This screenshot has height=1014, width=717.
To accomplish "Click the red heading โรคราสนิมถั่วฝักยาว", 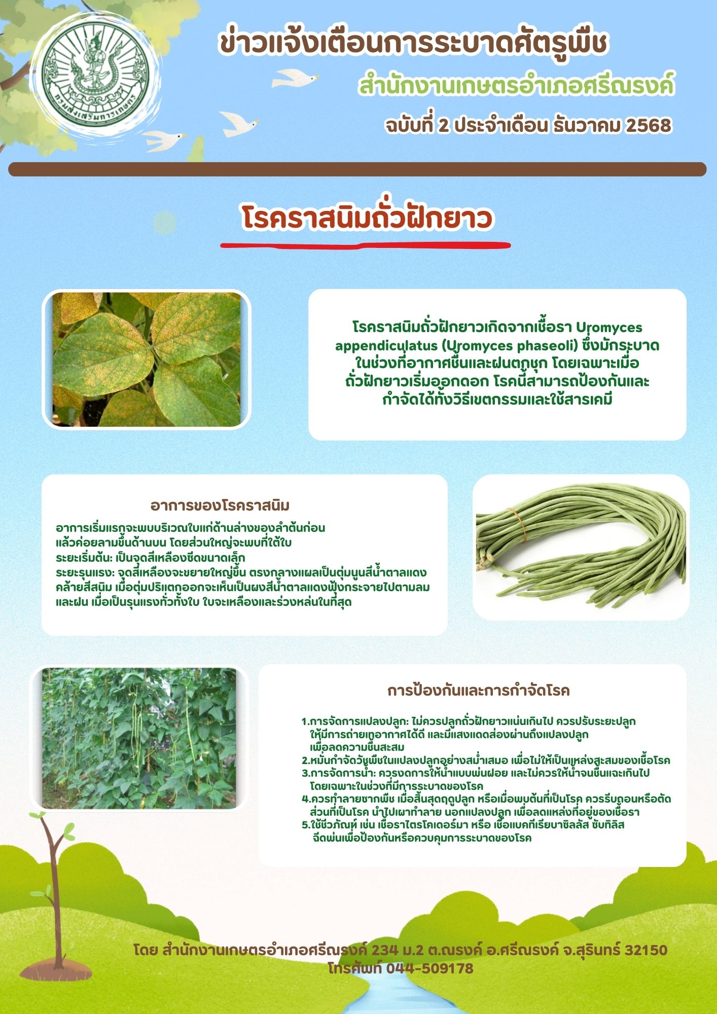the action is tap(367, 219).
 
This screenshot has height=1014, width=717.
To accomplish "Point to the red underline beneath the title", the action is tap(365, 245).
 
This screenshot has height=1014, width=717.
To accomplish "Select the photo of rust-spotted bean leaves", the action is tap(147, 359).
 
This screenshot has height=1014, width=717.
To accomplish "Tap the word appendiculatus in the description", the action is tap(386, 346).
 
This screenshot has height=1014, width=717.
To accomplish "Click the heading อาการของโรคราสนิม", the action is tap(220, 505).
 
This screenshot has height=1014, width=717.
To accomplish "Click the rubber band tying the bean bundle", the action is tap(519, 525).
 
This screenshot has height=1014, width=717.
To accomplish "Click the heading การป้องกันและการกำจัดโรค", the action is tap(478, 691).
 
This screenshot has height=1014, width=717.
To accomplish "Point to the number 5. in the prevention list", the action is tap(306, 825).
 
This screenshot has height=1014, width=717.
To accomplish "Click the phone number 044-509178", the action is tap(429, 968).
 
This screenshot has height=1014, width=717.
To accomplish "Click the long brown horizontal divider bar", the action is tap(357, 169).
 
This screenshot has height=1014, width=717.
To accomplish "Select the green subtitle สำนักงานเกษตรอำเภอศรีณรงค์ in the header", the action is tap(517, 86).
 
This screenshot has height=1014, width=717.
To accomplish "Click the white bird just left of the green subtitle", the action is tap(295, 78).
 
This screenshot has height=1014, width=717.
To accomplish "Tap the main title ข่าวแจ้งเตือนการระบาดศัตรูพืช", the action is tap(413, 43).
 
